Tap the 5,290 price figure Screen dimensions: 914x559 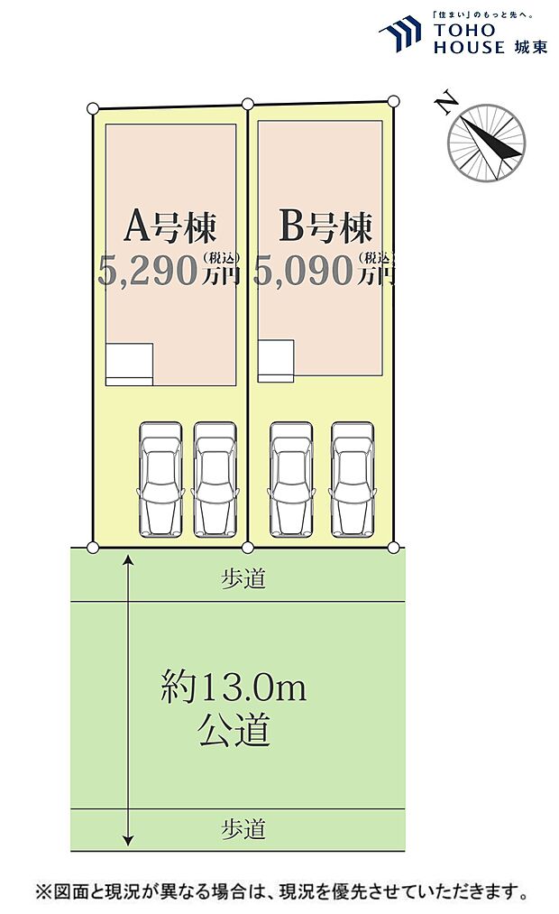(x=148, y=271)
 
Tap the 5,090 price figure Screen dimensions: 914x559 (x=304, y=271)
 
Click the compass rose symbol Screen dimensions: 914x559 (x=487, y=143)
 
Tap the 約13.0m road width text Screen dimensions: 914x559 (x=234, y=690)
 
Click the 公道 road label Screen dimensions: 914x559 (x=234, y=729)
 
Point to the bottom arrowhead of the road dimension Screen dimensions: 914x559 (x=129, y=836)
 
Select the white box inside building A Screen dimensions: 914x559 (x=129, y=364)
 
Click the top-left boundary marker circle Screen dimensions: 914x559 (x=93, y=109)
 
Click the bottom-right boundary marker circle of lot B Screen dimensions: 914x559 (x=393, y=547)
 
